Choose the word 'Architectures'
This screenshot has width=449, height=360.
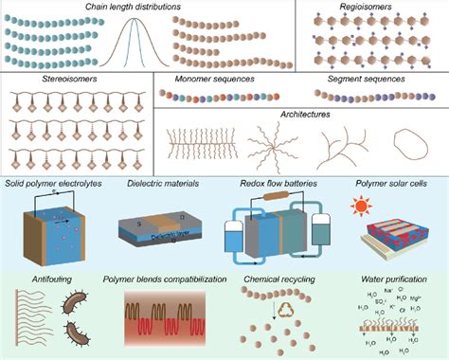[298, 113]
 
